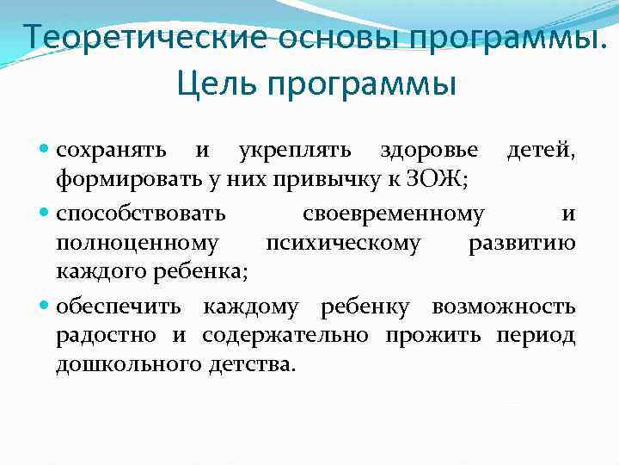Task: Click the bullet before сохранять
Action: point(46,151)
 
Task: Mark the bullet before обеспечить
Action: point(46,307)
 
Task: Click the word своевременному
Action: point(394,213)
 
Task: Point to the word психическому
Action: point(343,244)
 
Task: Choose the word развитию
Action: point(522,244)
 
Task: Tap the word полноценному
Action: point(137,244)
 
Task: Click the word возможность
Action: point(504,306)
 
